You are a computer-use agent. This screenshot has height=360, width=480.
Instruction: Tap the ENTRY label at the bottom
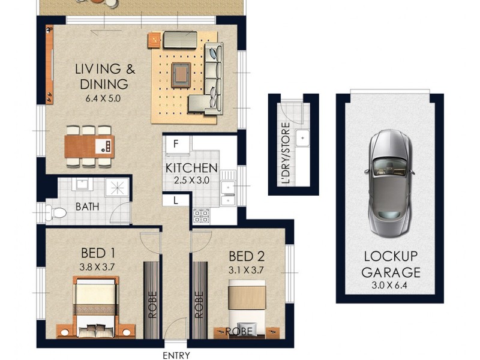[x=177, y=355]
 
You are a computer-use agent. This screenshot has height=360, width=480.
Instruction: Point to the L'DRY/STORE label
[x=286, y=153]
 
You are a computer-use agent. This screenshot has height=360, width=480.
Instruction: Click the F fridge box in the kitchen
[x=176, y=145]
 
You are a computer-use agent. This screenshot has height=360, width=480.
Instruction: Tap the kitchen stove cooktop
[x=200, y=215]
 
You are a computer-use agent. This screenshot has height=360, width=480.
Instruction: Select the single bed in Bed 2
[x=245, y=306]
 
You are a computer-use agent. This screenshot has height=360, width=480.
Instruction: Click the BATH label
[x=88, y=208]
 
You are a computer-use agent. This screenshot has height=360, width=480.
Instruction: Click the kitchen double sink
[x=228, y=188]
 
